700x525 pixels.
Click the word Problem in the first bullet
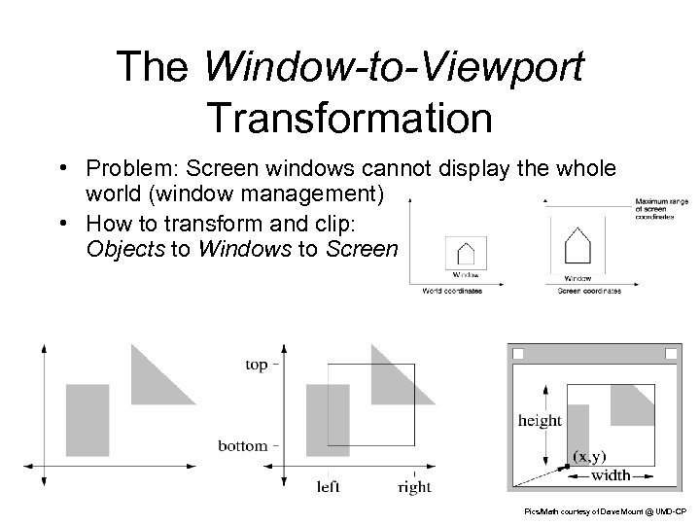pos(124,169)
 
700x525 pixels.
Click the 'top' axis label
pos(257,365)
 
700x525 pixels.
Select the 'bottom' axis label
pos(242,446)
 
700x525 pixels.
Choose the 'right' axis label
pos(414,486)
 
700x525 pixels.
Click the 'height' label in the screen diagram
pos(540,420)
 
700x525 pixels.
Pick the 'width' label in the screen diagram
pos(611,475)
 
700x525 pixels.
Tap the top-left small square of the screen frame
pos(518,354)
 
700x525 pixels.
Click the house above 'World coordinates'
pos(466,253)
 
